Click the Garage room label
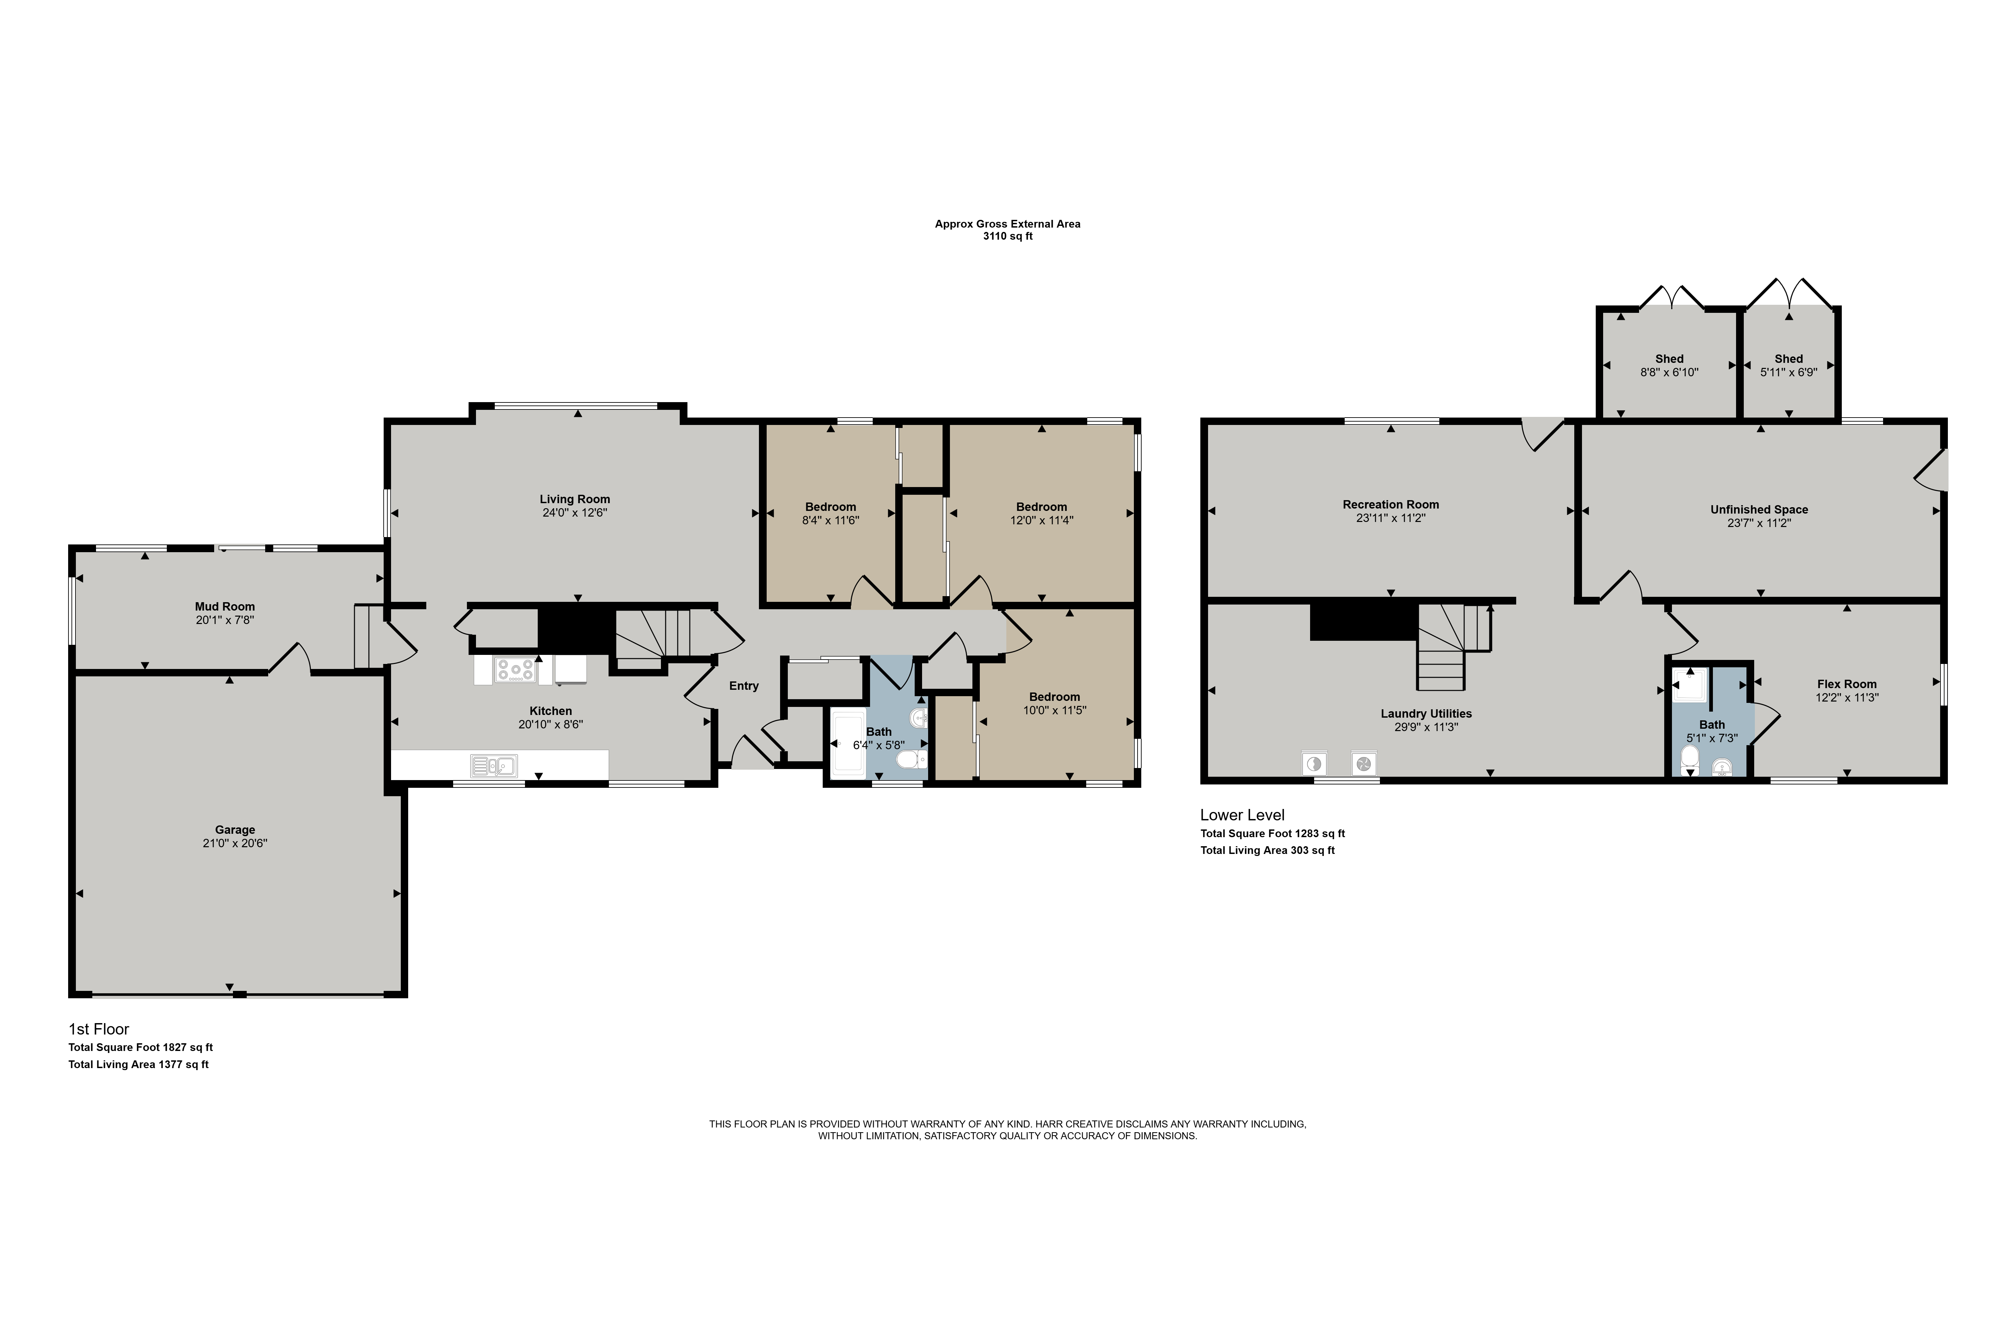point(235,830)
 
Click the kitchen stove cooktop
point(514,669)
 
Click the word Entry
point(744,686)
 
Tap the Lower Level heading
point(1242,815)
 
